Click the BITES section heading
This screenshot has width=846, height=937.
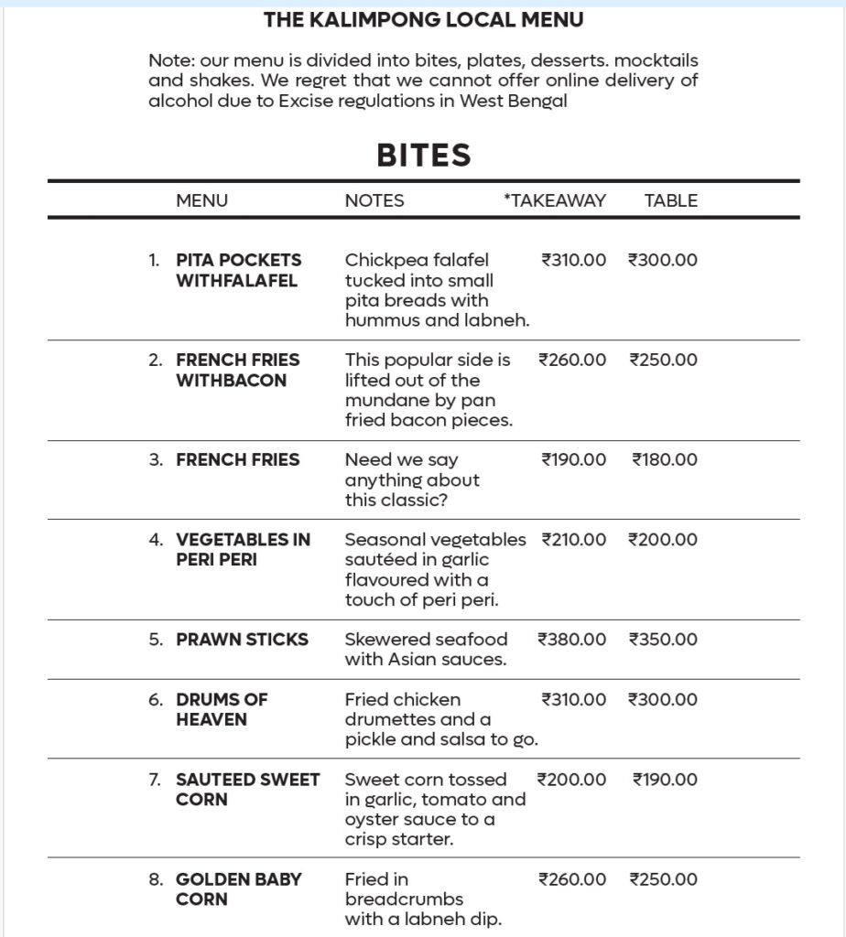[423, 156]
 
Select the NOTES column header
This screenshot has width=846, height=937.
[374, 200]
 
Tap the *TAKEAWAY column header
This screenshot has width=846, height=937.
[554, 200]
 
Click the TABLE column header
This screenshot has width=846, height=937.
[670, 200]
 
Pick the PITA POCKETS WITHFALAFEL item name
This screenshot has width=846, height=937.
[238, 270]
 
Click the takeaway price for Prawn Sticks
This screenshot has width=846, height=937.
[571, 640]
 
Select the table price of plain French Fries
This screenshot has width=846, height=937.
[664, 459]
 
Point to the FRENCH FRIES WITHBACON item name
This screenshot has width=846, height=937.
[237, 370]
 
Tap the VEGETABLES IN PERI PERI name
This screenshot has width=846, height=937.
[243, 549]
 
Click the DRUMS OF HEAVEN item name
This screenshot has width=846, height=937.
[222, 709]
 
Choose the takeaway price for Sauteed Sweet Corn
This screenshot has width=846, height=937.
[571, 780]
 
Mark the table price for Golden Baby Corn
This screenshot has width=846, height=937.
[663, 879]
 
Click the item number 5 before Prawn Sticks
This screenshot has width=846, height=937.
[156, 640]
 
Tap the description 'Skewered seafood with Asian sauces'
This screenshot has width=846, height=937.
[426, 649]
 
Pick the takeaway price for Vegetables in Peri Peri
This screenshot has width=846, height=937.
[573, 540]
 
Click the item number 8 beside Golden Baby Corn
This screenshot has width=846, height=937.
[156, 879]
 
